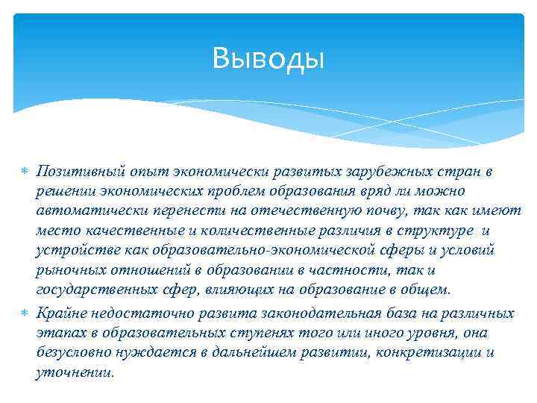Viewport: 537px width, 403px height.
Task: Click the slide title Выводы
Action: coord(268,57)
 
